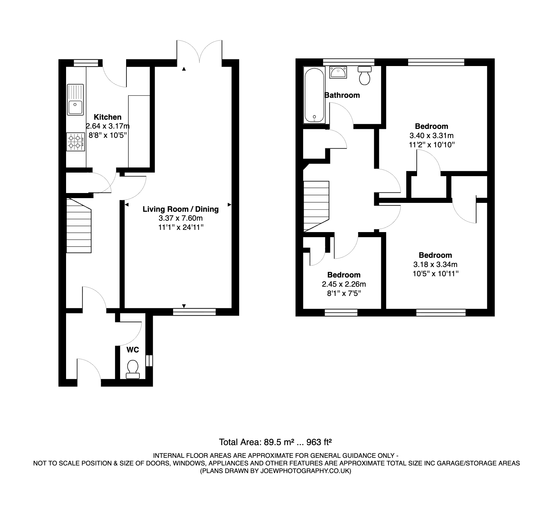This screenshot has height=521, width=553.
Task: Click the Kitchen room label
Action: tap(107, 117)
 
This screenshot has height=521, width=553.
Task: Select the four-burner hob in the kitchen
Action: tap(76, 142)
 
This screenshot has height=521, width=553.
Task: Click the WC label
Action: tap(133, 350)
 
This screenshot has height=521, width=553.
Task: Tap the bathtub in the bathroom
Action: tap(314, 95)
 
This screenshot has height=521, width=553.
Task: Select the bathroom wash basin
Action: tap(338, 72)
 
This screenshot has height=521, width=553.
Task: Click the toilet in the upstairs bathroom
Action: tap(365, 75)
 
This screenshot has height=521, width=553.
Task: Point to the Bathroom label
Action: tap(342, 95)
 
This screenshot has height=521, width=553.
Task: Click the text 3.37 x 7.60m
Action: tap(181, 218)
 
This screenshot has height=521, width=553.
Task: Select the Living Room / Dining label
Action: tap(181, 209)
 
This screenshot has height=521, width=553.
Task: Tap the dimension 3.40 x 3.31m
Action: tap(431, 136)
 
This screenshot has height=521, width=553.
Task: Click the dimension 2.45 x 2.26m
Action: tap(344, 284)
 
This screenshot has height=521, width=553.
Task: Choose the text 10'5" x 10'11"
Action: tap(435, 273)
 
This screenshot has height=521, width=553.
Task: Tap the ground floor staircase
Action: tap(79, 226)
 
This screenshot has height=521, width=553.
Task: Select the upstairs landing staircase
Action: tap(316, 206)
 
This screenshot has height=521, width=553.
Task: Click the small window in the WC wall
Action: tap(149, 361)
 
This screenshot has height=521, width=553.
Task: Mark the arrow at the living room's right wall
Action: tap(229, 204)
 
